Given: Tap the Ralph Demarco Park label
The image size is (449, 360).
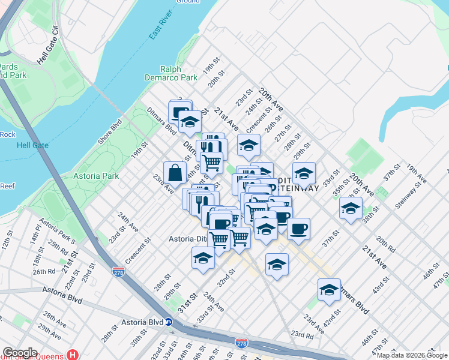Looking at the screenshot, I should (171, 73).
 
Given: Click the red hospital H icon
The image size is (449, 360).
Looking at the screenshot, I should (73, 355).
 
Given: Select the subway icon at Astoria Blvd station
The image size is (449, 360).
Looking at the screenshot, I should (169, 322).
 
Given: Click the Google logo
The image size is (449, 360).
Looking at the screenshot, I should (20, 353).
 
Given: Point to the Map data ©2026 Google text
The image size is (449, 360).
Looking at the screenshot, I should (412, 355).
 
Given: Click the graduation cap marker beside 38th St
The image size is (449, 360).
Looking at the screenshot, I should (351, 208).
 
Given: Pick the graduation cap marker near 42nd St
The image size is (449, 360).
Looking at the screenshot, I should (329, 290).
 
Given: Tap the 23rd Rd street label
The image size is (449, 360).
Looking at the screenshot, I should (302, 335).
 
